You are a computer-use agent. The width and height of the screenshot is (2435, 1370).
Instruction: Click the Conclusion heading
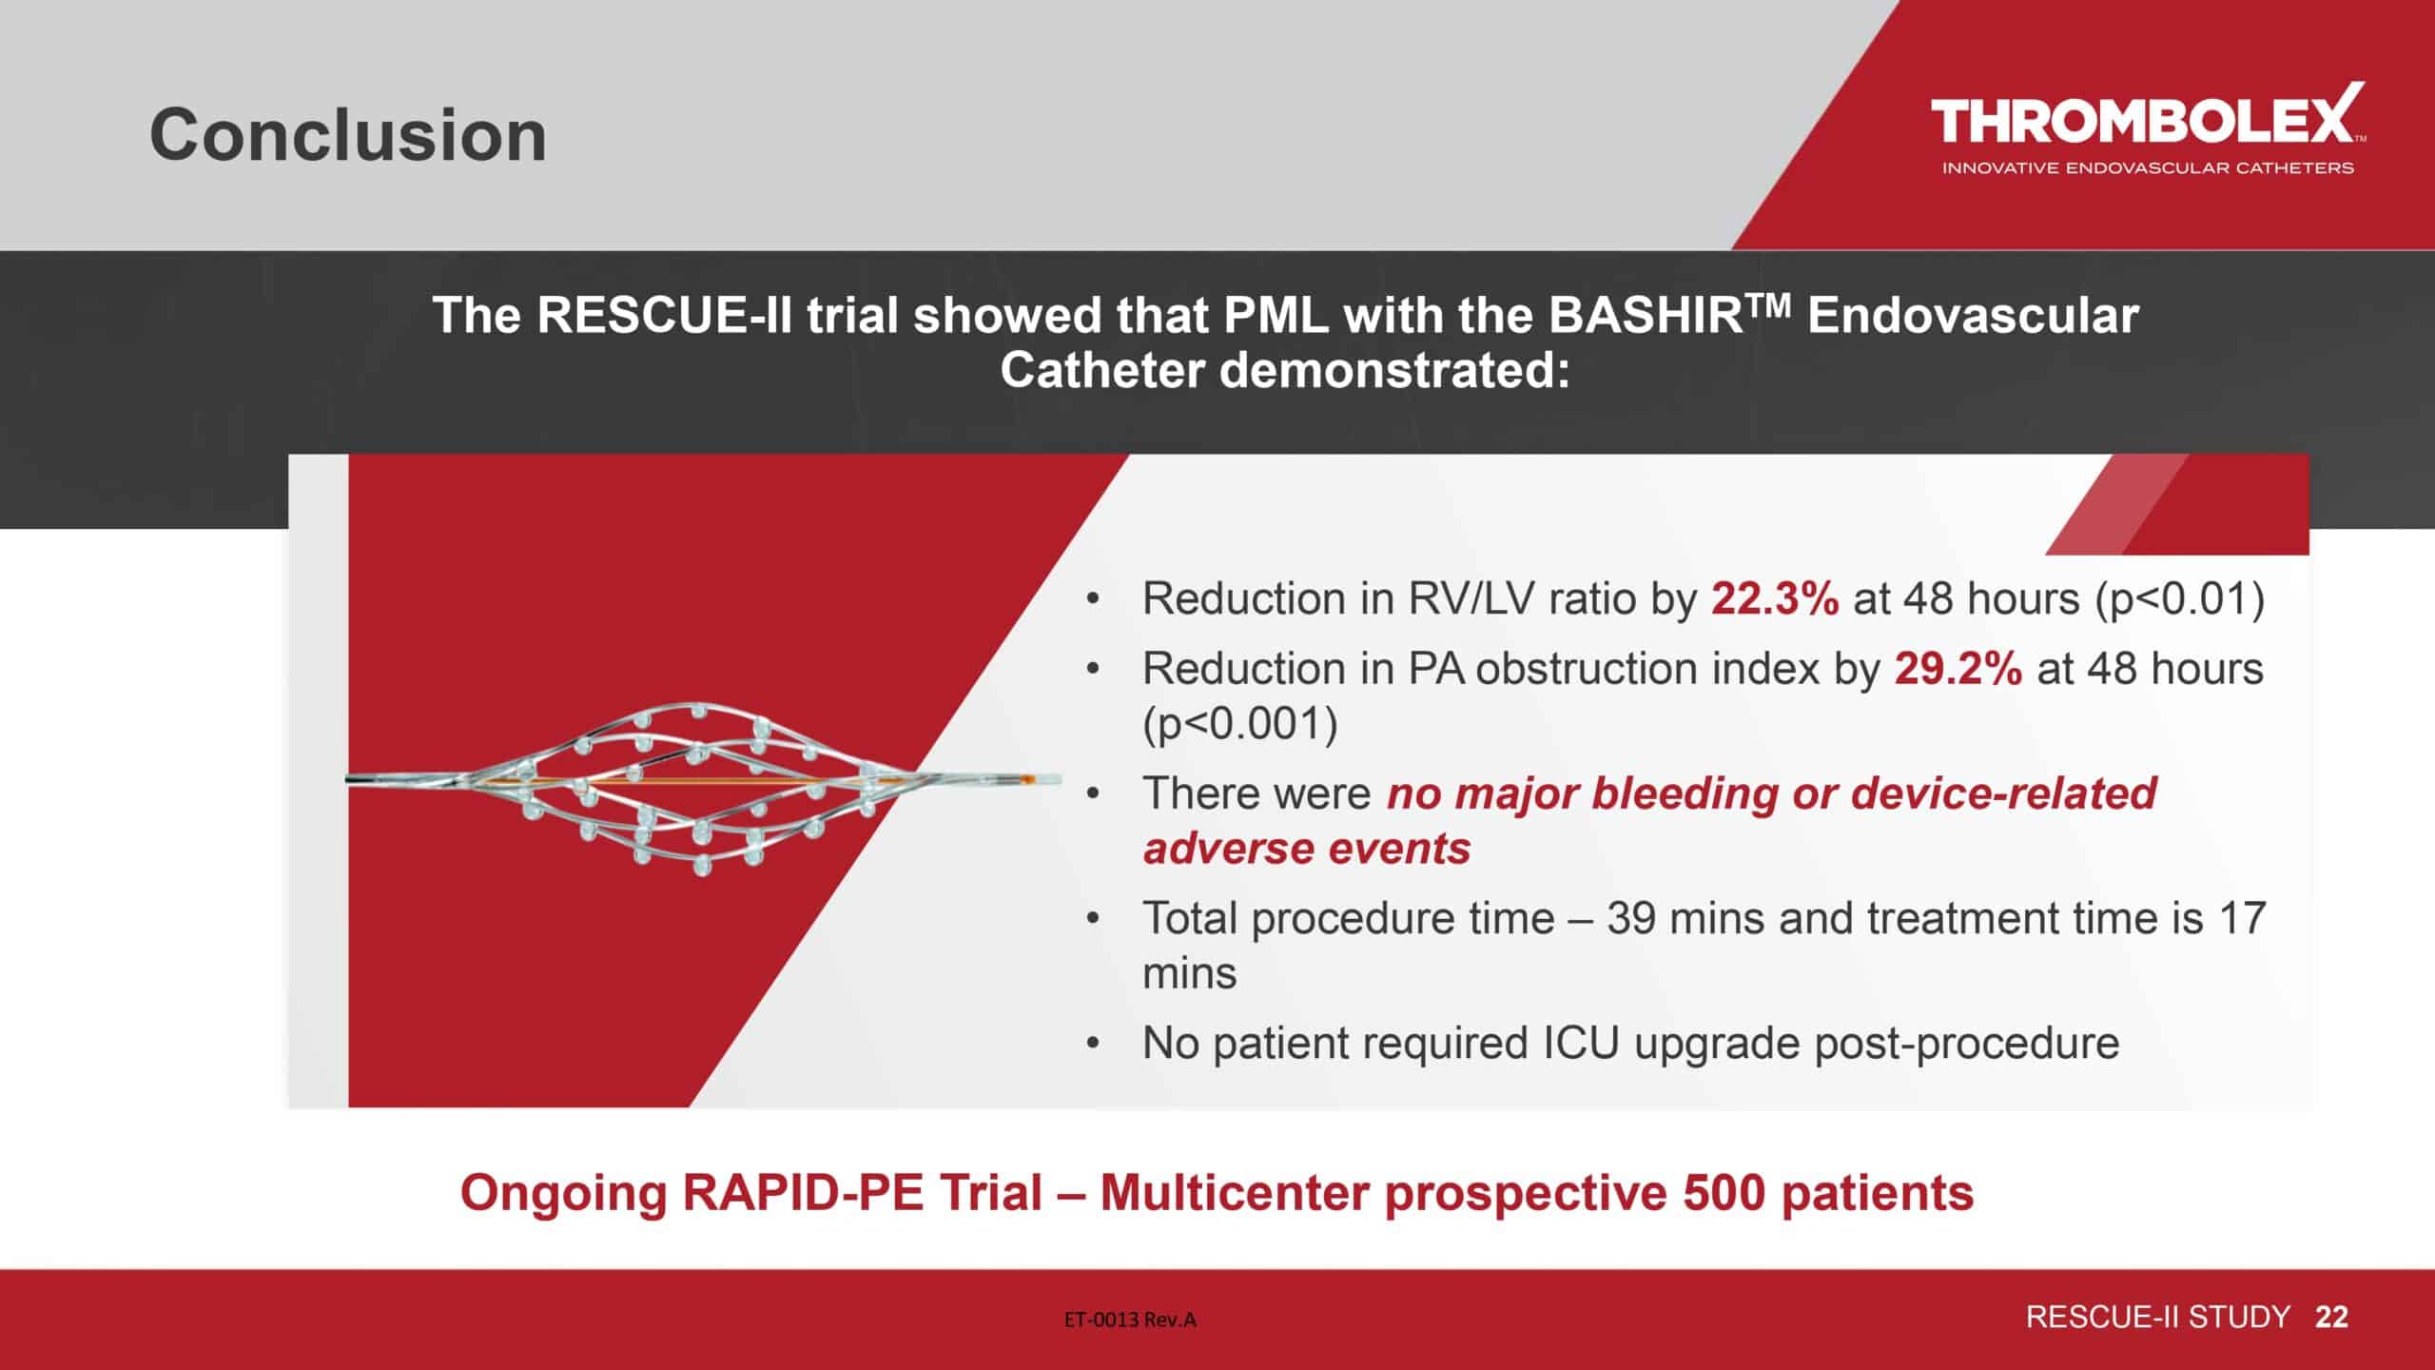(x=348, y=135)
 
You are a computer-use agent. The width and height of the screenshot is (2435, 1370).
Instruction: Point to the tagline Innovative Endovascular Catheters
(x=2148, y=168)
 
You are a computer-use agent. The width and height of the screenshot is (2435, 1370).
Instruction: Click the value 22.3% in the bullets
(x=1775, y=599)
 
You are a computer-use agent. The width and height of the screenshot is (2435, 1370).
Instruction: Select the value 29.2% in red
(x=1958, y=669)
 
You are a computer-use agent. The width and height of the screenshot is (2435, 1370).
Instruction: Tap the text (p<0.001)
(x=1240, y=725)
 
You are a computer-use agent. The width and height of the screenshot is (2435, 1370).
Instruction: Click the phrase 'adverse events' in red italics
(x=1307, y=849)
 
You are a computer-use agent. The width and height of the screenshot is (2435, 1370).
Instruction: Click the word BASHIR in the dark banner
(x=1645, y=316)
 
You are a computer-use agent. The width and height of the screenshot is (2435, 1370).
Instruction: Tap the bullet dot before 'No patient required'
(x=1094, y=1045)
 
